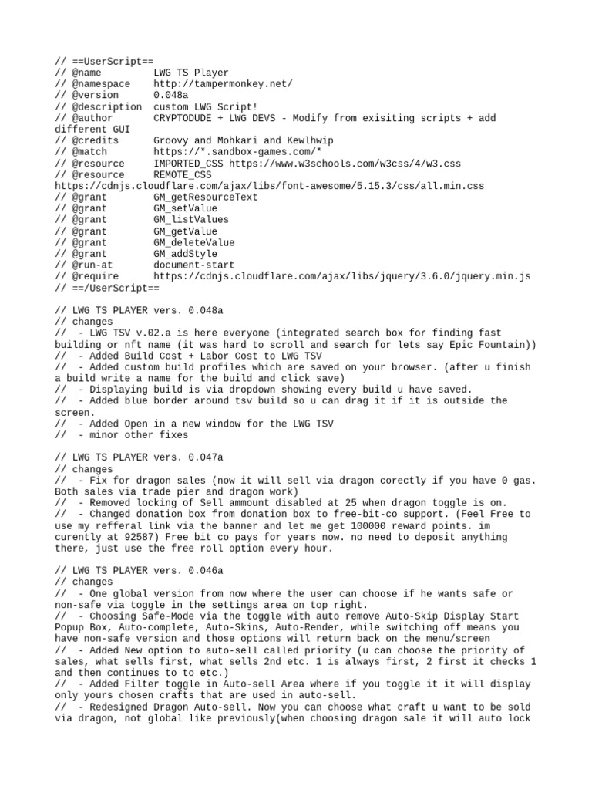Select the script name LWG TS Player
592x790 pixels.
point(191,73)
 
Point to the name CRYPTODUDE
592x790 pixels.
point(185,118)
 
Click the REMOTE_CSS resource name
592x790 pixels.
point(183,174)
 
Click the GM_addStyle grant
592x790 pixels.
point(186,254)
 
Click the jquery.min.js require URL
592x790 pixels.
point(341,276)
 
